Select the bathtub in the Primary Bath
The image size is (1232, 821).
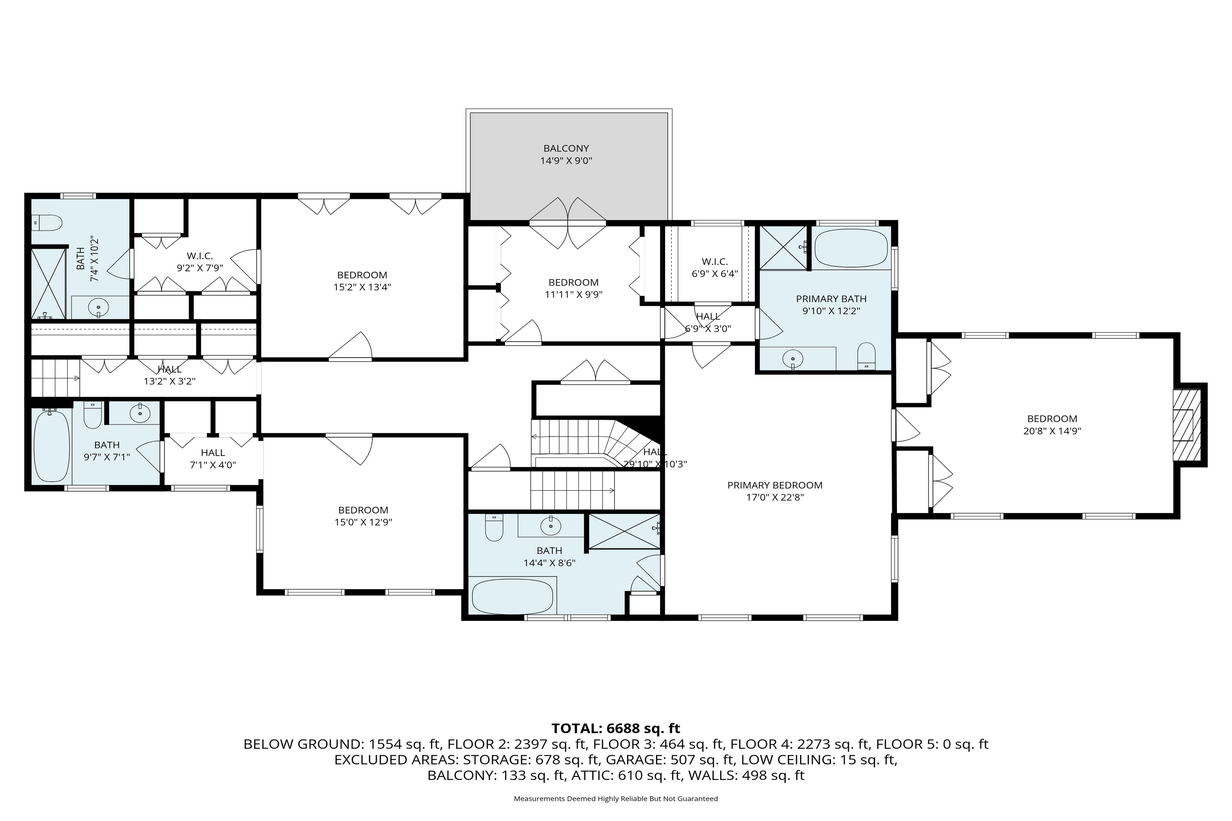click(851, 248)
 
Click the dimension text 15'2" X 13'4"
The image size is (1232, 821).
click(362, 287)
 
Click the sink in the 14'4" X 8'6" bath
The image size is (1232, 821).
click(551, 525)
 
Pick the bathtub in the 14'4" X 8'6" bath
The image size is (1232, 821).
click(512, 596)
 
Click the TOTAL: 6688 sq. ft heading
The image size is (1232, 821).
click(615, 728)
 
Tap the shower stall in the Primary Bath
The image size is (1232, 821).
click(783, 248)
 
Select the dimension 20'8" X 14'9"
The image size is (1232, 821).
click(1052, 431)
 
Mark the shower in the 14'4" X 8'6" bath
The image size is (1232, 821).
click(624, 532)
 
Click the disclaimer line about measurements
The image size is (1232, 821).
click(615, 798)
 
